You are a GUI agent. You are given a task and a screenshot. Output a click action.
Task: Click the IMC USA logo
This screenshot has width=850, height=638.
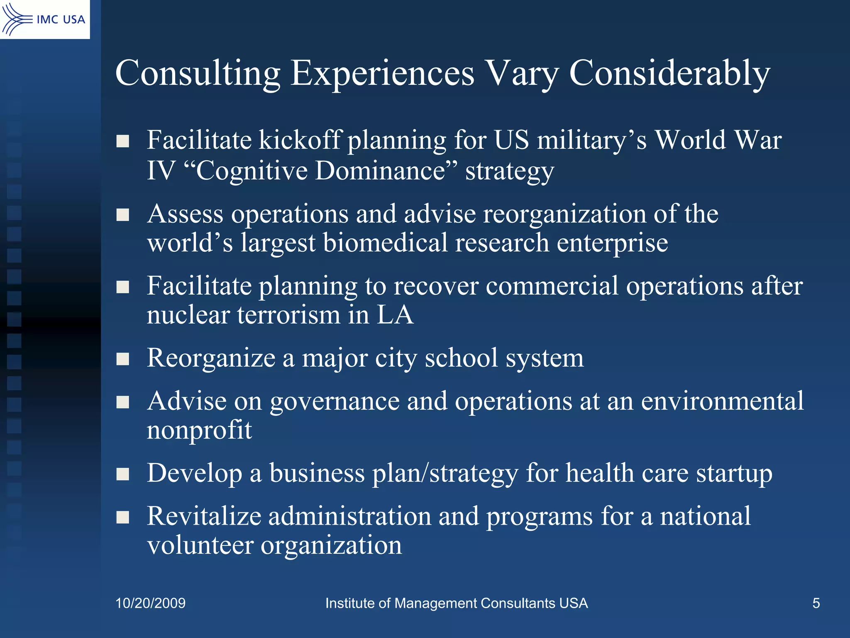coord(44,19)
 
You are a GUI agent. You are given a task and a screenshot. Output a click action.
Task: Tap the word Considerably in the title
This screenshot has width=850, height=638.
coord(669,73)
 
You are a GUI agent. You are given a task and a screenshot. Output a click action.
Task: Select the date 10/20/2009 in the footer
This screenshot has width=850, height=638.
coord(150,603)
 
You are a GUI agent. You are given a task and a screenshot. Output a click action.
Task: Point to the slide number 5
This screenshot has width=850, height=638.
coord(816,603)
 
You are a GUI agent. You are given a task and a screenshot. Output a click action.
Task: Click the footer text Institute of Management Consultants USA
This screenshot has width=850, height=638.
coord(456,603)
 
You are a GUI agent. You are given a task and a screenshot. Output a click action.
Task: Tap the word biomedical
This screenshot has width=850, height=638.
coord(385,243)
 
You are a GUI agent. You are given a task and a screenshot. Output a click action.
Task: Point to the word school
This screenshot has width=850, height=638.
coord(461,358)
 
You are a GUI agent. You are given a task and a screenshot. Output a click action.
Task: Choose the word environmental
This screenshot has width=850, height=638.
coord(722,401)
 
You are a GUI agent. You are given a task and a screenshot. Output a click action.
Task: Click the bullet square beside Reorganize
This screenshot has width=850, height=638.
coord(123,358)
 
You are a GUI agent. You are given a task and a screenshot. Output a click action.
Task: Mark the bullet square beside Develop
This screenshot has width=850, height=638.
coord(123,474)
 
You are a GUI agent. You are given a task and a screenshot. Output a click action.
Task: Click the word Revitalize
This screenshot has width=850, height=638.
coord(204,516)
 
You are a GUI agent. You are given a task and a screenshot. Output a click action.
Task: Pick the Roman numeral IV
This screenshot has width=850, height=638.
coord(161,170)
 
